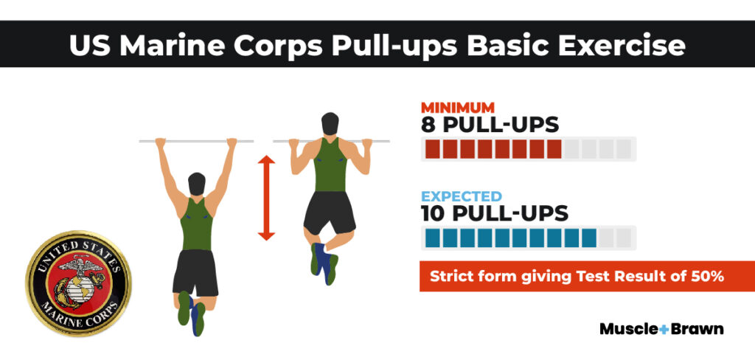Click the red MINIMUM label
click(457, 106)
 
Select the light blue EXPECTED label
click(462, 197)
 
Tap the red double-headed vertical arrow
click(266, 197)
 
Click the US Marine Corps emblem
click(78, 283)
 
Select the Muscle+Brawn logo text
click(661, 329)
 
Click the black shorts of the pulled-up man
click(330, 213)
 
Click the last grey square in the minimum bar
click(624, 149)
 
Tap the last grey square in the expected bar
click(624, 238)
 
